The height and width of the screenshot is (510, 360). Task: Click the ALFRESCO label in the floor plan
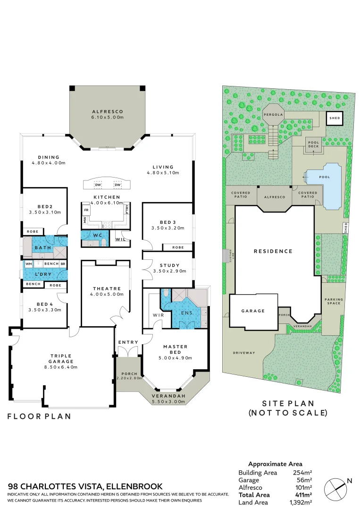pos(107,111)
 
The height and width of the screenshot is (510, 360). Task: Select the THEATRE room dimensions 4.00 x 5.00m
pos(107,294)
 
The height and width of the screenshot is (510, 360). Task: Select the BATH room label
pos(42,247)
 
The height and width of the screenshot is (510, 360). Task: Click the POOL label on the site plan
pos(324,177)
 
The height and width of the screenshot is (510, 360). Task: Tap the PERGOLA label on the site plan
pos(273,115)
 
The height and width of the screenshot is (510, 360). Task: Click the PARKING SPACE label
pos(334,302)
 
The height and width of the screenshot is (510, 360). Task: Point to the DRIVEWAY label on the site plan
pos(243,353)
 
